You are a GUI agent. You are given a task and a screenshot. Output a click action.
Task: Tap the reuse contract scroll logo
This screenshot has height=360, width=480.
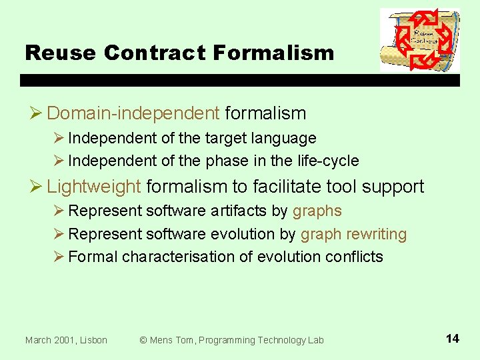(x=419, y=40)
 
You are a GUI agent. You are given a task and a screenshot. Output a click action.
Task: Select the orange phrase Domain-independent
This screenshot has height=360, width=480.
(x=133, y=113)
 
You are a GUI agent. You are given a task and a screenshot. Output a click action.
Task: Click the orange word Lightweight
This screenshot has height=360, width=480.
(x=94, y=187)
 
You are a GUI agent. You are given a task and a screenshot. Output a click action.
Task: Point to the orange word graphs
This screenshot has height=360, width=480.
(x=317, y=211)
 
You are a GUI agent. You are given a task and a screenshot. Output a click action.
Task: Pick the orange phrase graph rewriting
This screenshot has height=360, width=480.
(x=353, y=235)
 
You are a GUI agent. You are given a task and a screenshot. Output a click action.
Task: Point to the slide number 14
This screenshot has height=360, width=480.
(x=452, y=339)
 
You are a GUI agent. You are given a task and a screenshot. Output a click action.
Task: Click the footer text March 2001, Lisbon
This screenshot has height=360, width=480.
(x=66, y=340)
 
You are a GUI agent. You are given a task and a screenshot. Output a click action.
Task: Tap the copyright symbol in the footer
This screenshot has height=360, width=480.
(x=143, y=340)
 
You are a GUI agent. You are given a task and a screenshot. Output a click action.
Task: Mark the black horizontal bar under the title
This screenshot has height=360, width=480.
(x=240, y=80)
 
